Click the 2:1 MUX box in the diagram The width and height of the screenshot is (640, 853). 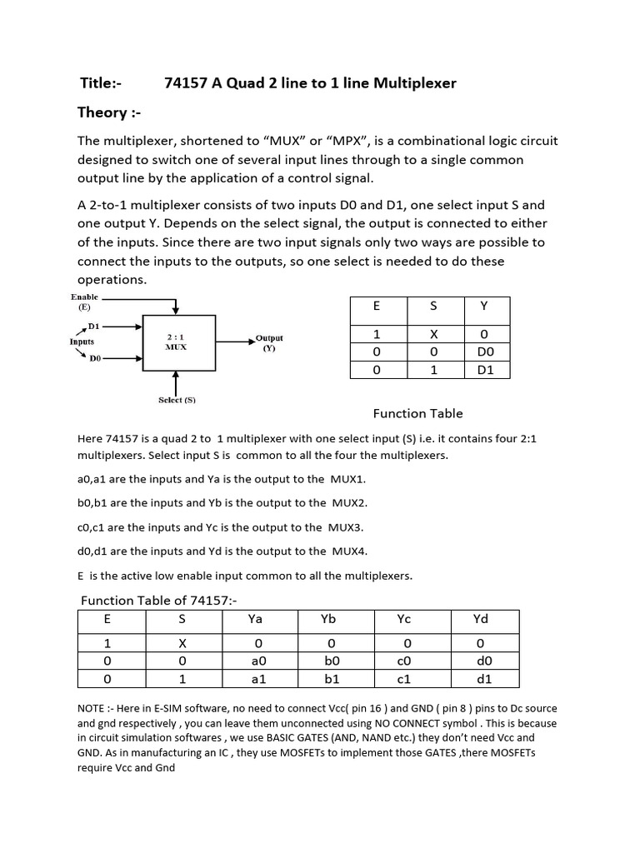(178, 342)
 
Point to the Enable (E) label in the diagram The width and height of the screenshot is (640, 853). (84, 302)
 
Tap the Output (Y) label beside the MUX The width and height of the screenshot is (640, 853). (268, 343)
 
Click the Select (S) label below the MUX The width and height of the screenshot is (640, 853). (177, 400)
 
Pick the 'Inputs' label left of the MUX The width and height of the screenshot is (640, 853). (82, 342)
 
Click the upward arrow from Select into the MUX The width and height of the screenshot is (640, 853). (176, 383)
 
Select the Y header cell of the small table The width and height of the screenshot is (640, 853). (484, 306)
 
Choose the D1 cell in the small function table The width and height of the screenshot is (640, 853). (484, 370)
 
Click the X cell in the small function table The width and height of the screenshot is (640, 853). (432, 333)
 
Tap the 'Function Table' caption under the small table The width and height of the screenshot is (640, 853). (417, 413)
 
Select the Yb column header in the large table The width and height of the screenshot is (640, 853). (327, 619)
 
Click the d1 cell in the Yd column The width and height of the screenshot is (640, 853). (483, 679)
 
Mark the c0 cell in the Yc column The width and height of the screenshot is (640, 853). (404, 661)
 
